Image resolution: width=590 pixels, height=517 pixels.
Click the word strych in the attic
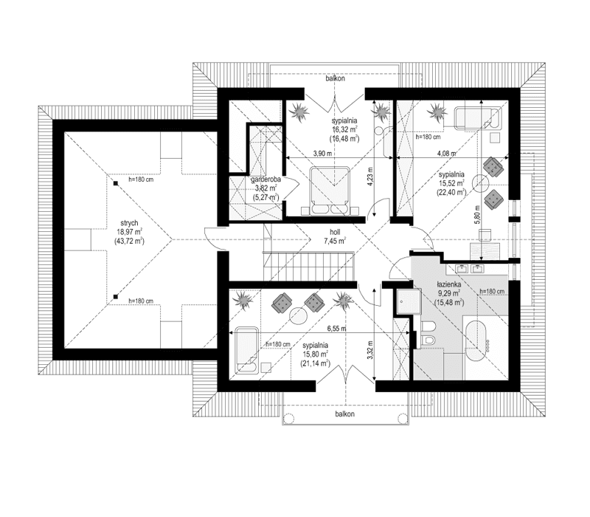[x=133, y=221]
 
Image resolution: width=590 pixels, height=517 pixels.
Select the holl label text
[x=335, y=230]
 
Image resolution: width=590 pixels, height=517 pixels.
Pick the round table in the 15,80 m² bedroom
[x=297, y=315]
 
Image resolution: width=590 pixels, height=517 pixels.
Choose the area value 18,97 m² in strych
[x=133, y=231]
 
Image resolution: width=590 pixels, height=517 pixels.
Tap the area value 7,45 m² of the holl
[x=335, y=240]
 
